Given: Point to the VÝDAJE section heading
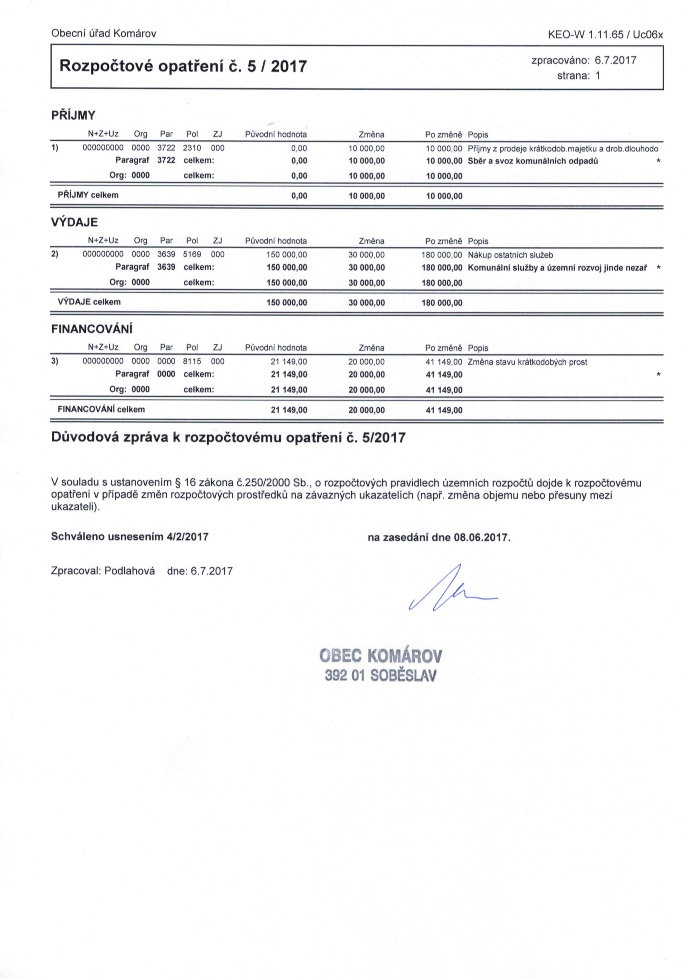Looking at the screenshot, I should click(x=74, y=222).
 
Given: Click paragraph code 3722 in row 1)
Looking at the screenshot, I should click(x=166, y=148).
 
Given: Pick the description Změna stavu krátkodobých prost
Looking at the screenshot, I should click(x=527, y=362).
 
